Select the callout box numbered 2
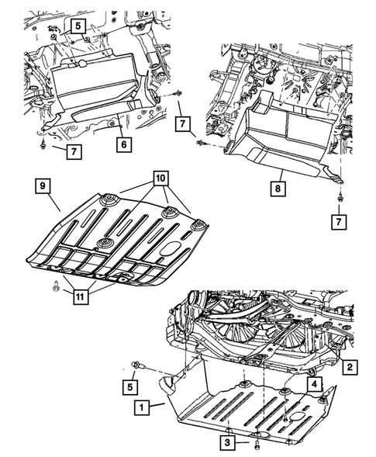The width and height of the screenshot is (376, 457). (350, 366)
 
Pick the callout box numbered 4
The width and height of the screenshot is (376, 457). (314, 383)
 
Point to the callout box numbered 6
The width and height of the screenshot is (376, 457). (122, 143)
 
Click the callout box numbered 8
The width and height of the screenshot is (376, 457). (276, 186)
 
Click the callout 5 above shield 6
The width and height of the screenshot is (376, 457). (79, 26)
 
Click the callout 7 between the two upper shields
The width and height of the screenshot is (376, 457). (182, 123)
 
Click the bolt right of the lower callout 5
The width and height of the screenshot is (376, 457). (138, 364)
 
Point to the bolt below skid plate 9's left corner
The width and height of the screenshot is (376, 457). (54, 287)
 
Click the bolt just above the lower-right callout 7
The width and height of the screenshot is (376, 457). (340, 200)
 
